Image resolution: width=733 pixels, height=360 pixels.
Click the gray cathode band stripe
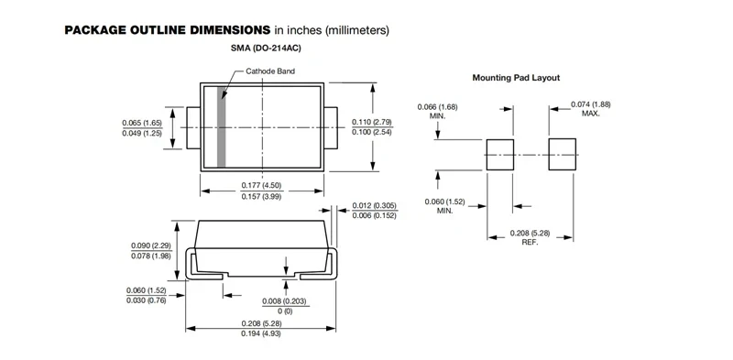pyautogui.click(x=222, y=126)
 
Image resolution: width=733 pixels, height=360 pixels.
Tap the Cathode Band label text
pyautogui.click(x=270, y=71)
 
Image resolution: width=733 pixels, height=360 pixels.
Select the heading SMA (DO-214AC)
pyautogui.click(x=266, y=49)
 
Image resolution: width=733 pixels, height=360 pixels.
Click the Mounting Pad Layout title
pyautogui.click(x=516, y=78)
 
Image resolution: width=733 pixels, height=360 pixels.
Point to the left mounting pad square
pyautogui.click(x=500, y=155)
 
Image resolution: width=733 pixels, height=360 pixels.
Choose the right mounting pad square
pyautogui.click(x=562, y=154)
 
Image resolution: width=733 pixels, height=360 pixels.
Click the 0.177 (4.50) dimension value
pyautogui.click(x=261, y=186)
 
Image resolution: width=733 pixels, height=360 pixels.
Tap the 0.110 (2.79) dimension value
pyautogui.click(x=372, y=122)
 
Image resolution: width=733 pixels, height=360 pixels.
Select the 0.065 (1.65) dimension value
pyautogui.click(x=142, y=123)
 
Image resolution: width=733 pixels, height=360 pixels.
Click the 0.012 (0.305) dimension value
pyautogui.click(x=374, y=206)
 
